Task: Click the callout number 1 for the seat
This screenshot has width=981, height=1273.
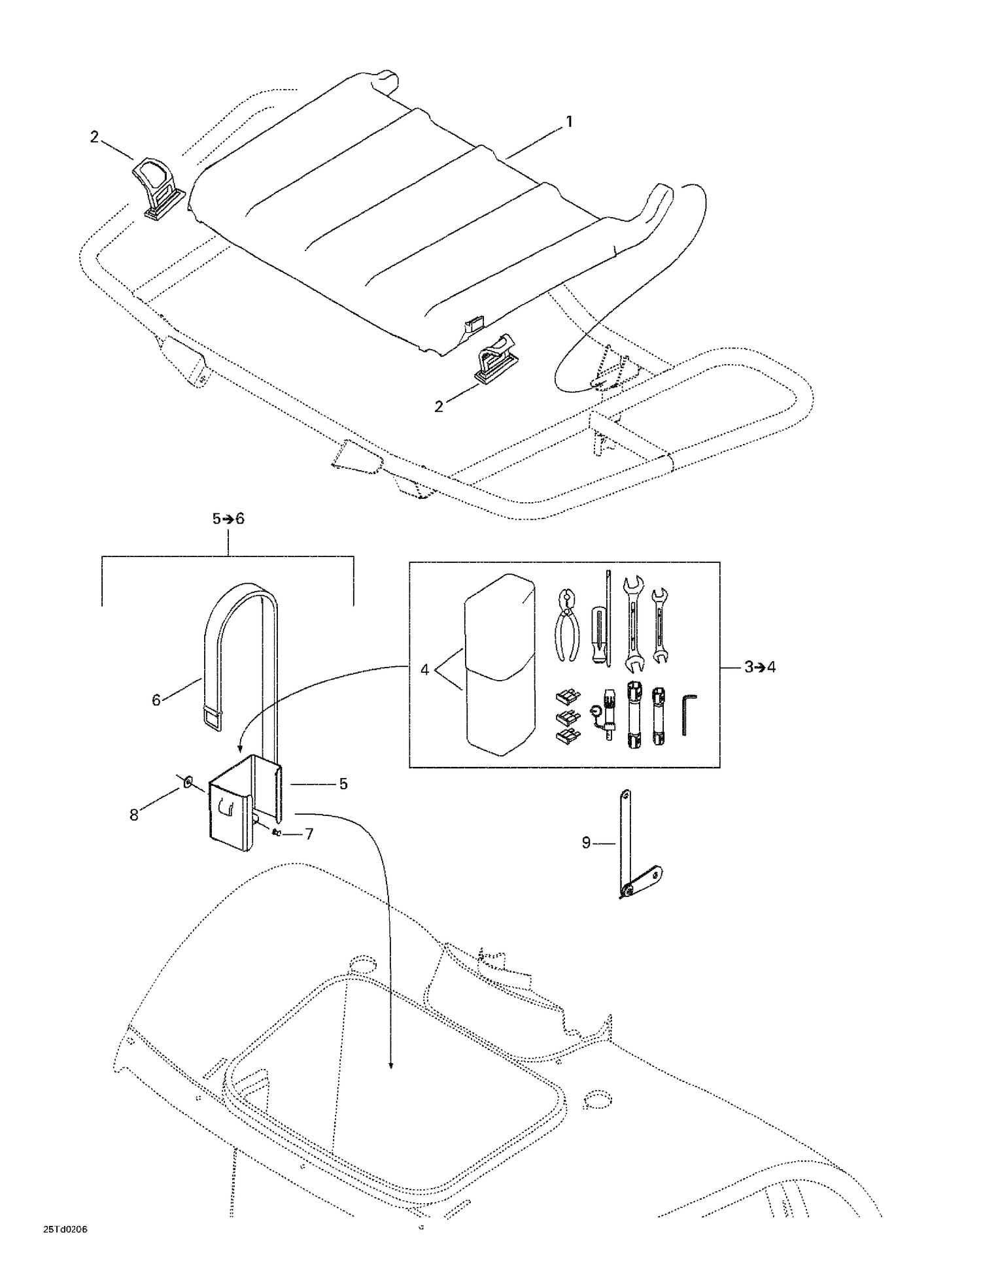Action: pos(569,122)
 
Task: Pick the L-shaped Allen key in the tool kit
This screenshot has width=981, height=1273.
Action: pos(689,715)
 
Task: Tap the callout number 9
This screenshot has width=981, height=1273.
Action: pos(586,843)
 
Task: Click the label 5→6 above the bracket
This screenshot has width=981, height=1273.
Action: pos(228,518)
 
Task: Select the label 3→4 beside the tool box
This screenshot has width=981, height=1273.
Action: pos(759,668)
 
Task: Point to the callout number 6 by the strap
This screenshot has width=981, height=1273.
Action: pos(156,700)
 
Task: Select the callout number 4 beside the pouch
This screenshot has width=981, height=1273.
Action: pos(424,670)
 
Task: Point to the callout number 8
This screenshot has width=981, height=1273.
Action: pos(133,815)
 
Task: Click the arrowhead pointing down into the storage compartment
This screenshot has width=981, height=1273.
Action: pos(391,1065)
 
